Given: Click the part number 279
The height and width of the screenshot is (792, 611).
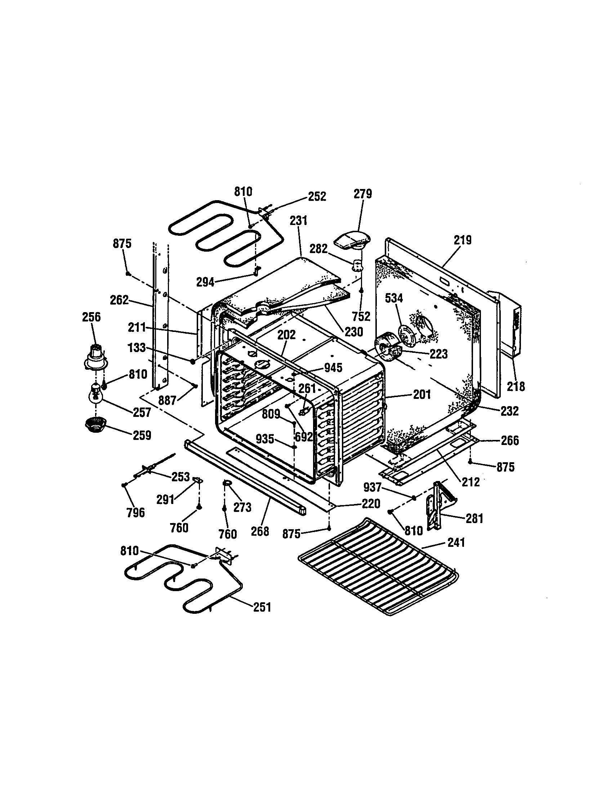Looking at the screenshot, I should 363,194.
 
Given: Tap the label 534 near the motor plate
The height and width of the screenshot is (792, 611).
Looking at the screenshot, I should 394,298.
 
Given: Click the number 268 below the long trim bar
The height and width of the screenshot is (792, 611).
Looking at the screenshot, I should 260,531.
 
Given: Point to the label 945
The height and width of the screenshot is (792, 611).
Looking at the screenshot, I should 333,368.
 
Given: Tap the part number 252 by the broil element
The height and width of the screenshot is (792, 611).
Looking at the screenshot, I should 317,197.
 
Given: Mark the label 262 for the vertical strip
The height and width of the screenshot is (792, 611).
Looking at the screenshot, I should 119,300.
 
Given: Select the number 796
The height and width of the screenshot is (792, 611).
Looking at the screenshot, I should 135,512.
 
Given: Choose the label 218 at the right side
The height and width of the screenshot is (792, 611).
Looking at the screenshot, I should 516,387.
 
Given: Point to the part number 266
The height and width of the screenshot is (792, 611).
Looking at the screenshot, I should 510,441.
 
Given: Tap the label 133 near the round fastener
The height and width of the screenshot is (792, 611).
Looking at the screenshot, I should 137,348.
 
